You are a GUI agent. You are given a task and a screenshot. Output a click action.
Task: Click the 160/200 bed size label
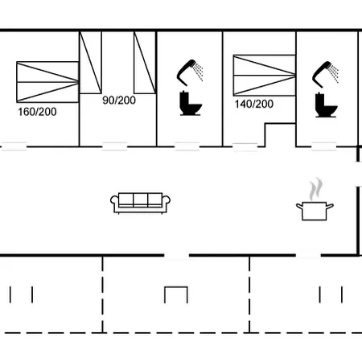[37, 112]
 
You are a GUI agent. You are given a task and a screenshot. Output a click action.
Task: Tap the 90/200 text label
[119, 100]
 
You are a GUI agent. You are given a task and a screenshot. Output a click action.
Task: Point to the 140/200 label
[254, 104]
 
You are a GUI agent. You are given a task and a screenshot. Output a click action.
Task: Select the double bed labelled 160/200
[47, 82]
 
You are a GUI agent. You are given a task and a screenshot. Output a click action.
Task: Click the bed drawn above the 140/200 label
[265, 75]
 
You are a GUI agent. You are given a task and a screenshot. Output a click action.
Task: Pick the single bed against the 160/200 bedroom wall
[91, 62]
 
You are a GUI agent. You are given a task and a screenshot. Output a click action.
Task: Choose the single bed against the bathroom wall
[145, 62]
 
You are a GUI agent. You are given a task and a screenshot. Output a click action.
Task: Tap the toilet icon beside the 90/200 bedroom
[191, 103]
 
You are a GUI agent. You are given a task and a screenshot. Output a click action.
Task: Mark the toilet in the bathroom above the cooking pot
[326, 105]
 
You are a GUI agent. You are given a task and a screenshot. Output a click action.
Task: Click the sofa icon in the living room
[140, 203]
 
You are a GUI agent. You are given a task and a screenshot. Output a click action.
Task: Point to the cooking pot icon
[315, 211]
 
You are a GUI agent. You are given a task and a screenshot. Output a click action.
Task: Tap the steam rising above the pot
[315, 189]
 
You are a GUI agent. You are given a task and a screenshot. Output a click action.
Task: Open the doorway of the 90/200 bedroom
[115, 146]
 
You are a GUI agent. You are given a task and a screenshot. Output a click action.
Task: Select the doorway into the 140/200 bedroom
[245, 147]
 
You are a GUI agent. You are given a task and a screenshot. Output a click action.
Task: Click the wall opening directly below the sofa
[177, 255]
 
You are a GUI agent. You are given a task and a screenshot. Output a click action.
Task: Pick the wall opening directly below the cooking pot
[308, 255]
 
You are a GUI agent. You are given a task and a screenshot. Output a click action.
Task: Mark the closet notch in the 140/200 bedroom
[280, 135]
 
